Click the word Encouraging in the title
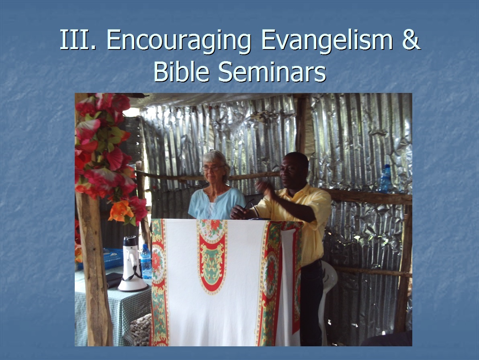point(179,40)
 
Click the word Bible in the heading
point(182,72)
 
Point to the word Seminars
point(272,72)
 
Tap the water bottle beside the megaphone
point(146,261)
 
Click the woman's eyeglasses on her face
point(213,168)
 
